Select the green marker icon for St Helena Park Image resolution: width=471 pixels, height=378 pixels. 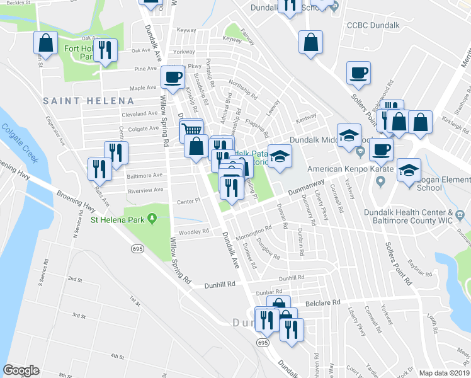click(x=152, y=219)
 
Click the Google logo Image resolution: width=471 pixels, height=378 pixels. click(x=21, y=370)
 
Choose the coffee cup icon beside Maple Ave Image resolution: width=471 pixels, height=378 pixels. click(x=173, y=77)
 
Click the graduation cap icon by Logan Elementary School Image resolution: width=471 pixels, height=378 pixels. click(x=409, y=169)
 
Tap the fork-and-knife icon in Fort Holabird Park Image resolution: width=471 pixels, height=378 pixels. click(x=106, y=50)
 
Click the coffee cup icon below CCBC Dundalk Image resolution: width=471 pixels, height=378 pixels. click(x=358, y=72)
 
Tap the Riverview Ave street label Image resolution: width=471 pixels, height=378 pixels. click(x=145, y=189)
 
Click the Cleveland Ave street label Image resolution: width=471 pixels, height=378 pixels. click(x=139, y=114)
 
